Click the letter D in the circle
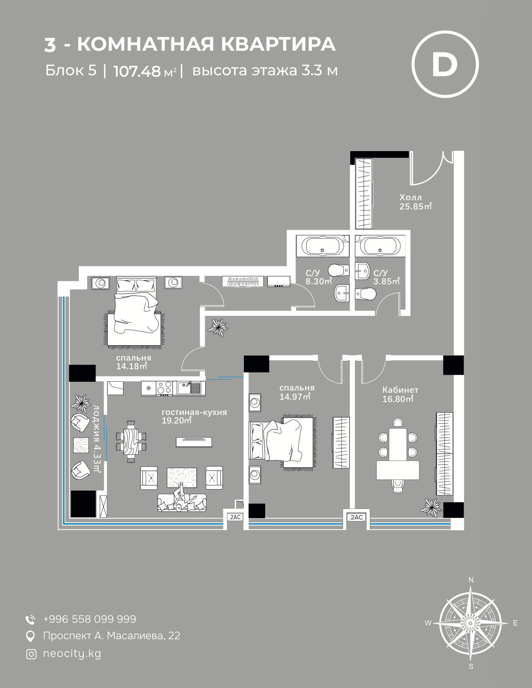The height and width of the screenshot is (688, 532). click(445, 64)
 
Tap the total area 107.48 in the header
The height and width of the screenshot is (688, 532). click(137, 71)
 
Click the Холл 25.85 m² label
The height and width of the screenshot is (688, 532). click(416, 202)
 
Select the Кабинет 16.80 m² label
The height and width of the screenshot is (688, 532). click(400, 394)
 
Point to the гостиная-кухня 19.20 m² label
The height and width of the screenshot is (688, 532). click(194, 416)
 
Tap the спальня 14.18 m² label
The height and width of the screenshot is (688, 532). click(133, 362)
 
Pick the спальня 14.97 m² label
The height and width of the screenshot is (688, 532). click(297, 392)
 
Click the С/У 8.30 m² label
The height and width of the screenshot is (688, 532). click(319, 277)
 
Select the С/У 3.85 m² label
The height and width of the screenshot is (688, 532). click(387, 277)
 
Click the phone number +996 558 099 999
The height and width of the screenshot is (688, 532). click(90, 619)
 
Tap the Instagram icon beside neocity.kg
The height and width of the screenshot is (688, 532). click(31, 654)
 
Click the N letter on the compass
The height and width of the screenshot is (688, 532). click(471, 580)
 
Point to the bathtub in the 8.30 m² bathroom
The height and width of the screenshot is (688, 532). click(323, 246)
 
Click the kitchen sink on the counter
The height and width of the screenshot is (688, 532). click(189, 388)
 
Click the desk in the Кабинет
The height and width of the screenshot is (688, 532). click(398, 470)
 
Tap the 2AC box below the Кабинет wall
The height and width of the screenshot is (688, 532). click(356, 517)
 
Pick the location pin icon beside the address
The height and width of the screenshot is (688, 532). click(30, 636)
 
